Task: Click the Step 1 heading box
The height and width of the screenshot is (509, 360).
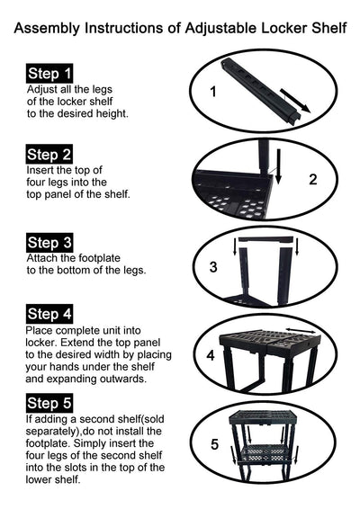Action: tap(49, 74)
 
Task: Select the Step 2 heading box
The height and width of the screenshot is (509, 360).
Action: tap(49, 154)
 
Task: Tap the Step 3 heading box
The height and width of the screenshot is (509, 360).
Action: tap(49, 243)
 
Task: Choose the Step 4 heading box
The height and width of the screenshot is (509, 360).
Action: tap(49, 314)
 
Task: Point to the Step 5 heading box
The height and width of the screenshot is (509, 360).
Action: tap(49, 403)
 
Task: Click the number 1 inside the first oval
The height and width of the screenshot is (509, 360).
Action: tap(213, 92)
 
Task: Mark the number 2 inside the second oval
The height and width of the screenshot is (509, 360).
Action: tap(313, 180)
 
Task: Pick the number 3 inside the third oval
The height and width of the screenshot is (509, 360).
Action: tap(213, 267)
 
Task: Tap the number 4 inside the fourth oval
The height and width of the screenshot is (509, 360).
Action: tap(211, 355)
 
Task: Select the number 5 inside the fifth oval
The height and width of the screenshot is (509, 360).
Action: tap(214, 444)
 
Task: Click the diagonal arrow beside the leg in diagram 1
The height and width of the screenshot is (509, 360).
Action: tap(295, 101)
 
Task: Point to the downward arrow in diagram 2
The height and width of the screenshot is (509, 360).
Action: tap(278, 166)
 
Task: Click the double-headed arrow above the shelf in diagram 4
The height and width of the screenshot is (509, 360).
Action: tap(301, 330)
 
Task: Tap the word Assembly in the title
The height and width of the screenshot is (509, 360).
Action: tap(47, 29)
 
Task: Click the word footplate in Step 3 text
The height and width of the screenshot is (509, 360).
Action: tap(99, 258)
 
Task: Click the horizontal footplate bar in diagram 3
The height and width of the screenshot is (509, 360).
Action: tap(265, 239)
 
